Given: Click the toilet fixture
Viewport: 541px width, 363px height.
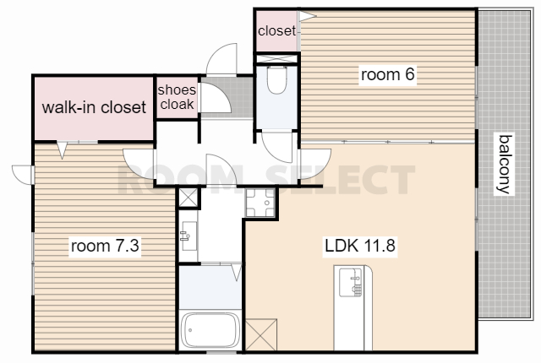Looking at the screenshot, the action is tap(276, 80).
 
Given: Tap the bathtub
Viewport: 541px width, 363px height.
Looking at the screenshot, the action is tap(210, 330).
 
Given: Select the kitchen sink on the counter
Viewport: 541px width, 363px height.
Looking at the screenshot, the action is tap(351, 283).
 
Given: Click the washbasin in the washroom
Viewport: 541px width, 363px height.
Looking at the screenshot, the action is tap(189, 236).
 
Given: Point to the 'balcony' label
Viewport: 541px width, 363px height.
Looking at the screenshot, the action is tap(504, 164).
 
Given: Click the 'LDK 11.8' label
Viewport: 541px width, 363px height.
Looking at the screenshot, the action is tap(360, 246).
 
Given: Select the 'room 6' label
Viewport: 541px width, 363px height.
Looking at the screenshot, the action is tap(387, 74).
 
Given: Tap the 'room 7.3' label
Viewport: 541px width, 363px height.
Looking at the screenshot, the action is tap(105, 246).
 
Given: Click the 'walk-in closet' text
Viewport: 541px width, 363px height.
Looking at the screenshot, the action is tap(94, 107).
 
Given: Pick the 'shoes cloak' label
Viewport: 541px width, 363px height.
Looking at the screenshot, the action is tap(177, 97).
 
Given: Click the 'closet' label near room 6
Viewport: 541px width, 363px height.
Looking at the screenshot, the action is tap(276, 31).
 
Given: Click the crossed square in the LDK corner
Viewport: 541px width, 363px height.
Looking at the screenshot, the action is tap(261, 334).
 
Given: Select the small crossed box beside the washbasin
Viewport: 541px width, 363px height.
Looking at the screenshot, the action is tap(189, 198).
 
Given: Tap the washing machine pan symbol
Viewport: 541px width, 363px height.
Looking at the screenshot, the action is tap(260, 203).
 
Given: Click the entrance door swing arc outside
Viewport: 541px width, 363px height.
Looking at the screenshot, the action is tap(221, 58).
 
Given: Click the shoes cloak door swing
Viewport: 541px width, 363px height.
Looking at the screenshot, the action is tap(216, 97).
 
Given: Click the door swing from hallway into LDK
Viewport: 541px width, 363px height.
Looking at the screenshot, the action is tap(315, 164).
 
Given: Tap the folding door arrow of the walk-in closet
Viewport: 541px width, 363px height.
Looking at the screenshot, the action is tap(62, 149).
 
